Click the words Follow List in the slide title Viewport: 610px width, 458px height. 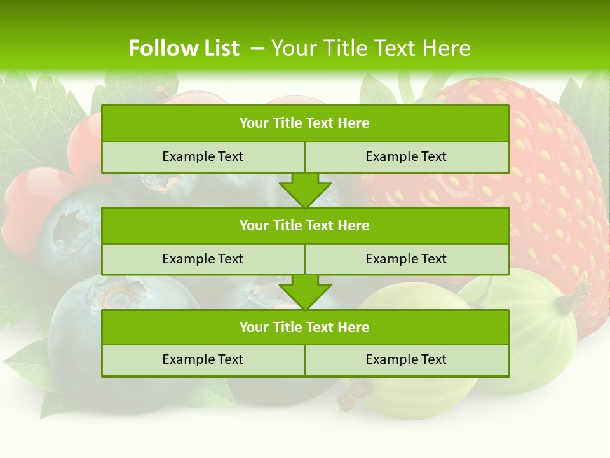pos(184,48)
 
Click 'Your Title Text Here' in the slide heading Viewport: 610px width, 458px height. pos(370,48)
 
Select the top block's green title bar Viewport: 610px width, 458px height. pos(305,123)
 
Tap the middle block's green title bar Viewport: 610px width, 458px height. pos(305,225)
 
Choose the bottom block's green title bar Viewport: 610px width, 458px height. pos(305,327)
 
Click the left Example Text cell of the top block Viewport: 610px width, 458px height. pos(203,157)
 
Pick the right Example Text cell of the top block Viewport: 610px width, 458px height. pos(406,157)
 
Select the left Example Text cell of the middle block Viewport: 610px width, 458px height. pos(203,259)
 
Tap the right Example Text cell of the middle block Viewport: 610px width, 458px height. pos(406,259)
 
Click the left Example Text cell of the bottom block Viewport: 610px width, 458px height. pos(203,359)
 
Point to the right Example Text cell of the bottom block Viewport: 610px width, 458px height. pos(406,359)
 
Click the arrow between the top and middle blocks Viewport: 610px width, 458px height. pos(305,190)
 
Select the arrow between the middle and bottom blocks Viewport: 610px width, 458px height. pos(305,293)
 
